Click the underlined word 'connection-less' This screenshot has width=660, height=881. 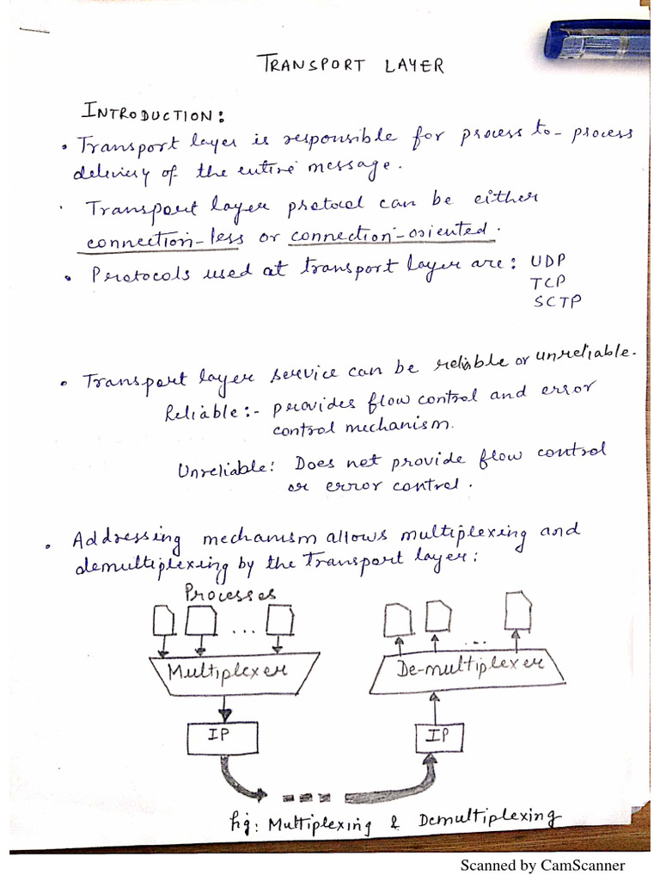click(163, 240)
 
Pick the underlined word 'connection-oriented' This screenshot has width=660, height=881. click(393, 233)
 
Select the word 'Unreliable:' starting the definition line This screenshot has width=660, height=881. click(225, 470)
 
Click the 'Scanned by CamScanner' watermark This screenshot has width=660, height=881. click(542, 866)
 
